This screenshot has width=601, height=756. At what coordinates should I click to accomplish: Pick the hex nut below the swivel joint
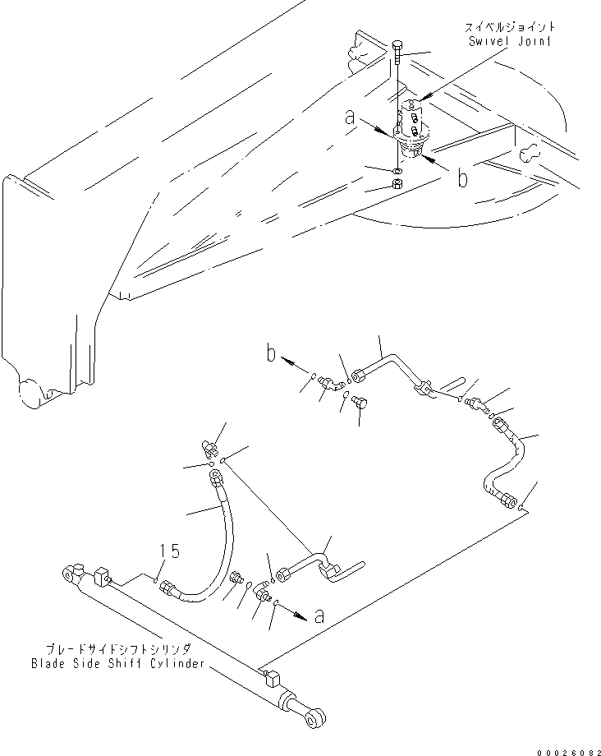(x=397, y=182)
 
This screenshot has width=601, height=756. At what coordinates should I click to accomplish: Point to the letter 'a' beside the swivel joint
(x=351, y=120)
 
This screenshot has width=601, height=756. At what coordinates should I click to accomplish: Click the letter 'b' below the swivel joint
(x=463, y=178)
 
